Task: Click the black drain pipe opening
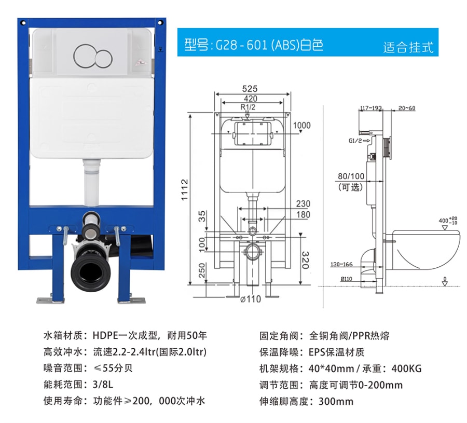point(90,271)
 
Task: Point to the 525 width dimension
point(250,89)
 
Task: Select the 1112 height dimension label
point(185,189)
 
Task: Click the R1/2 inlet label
point(248,107)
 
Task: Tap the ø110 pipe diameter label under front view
point(251,299)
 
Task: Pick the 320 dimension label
point(306,260)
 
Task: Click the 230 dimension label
point(303,204)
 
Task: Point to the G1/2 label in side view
point(355,141)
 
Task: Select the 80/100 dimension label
point(351,176)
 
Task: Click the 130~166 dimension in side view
point(341,264)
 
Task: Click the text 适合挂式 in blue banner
point(408,47)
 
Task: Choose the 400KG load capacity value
point(406,369)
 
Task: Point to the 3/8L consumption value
point(103,385)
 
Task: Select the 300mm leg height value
point(336,401)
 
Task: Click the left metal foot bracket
point(50,301)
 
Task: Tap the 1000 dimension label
point(301,126)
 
